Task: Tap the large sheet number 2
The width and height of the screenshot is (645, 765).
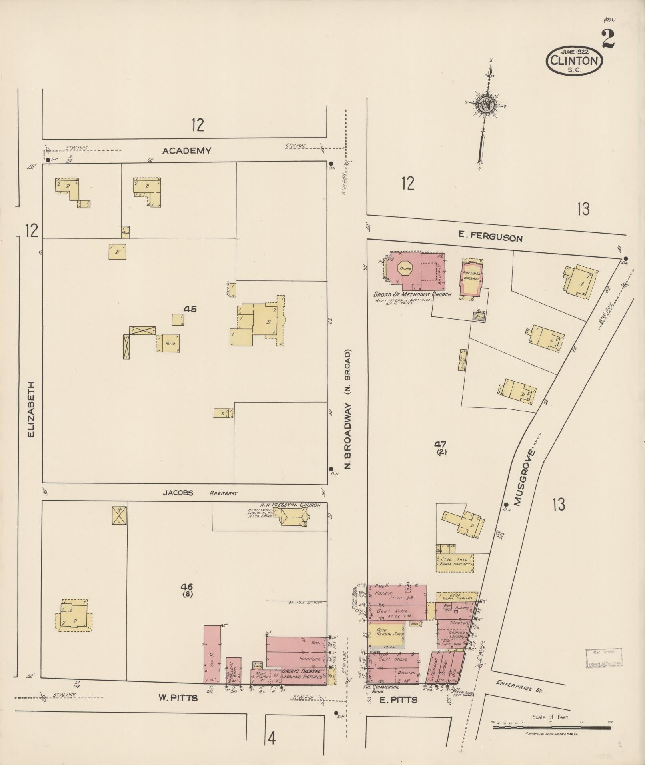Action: [x=607, y=39]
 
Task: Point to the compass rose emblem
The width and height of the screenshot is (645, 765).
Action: [x=487, y=105]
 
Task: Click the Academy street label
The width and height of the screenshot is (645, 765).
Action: [x=186, y=151]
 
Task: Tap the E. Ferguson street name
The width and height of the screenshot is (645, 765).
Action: [x=490, y=237]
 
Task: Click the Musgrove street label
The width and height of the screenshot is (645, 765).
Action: [x=524, y=478]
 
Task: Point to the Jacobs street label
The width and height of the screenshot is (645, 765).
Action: [x=178, y=493]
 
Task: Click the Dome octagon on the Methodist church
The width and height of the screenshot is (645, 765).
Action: [x=405, y=269]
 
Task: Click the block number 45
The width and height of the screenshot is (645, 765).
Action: [x=190, y=309]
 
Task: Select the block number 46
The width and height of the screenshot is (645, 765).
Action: [x=186, y=587]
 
